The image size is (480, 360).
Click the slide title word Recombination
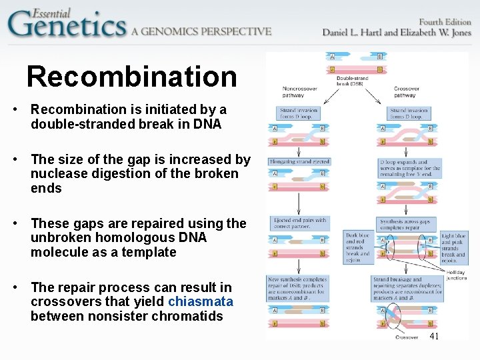(x=131, y=77)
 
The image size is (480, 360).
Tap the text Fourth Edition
(x=444, y=22)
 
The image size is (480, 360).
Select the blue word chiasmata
(x=201, y=302)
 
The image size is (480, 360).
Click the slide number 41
(x=434, y=336)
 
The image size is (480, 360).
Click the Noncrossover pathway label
(x=295, y=91)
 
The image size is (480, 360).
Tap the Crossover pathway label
(x=405, y=91)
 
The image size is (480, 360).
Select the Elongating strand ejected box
(x=299, y=161)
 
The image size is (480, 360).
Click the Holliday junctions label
(x=456, y=275)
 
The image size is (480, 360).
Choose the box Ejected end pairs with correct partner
(x=299, y=223)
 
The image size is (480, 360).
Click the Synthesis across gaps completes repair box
(x=405, y=223)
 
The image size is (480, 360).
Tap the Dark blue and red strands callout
(x=357, y=247)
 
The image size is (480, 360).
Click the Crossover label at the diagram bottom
(x=407, y=337)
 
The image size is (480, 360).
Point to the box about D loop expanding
(x=409, y=169)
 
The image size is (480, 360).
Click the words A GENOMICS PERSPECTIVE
(x=201, y=31)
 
